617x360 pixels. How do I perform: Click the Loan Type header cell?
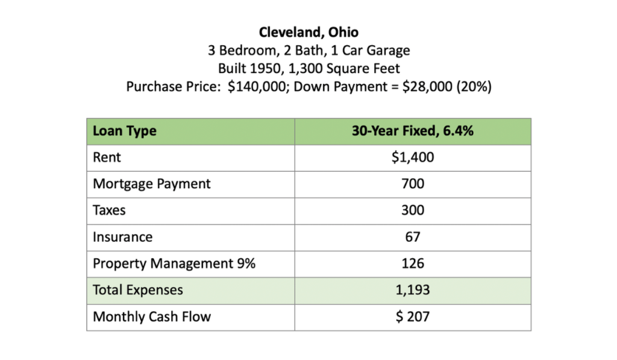pyautogui.click(x=124, y=131)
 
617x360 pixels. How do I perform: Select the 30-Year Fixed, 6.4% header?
pyautogui.click(x=413, y=131)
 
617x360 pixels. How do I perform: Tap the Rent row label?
pyautogui.click(x=107, y=157)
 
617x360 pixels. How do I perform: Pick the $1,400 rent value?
pyautogui.click(x=413, y=157)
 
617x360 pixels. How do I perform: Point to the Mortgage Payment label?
pyautogui.click(x=151, y=184)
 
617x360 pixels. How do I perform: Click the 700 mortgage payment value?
pyautogui.click(x=413, y=184)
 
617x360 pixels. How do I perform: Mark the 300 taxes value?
pyautogui.click(x=413, y=210)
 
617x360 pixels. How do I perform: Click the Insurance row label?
pyautogui.click(x=122, y=237)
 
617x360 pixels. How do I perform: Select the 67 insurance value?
pyautogui.click(x=413, y=237)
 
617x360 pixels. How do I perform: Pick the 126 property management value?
pyautogui.click(x=413, y=264)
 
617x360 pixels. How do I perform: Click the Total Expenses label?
pyautogui.click(x=137, y=290)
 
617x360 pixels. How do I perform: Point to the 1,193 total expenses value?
pyautogui.click(x=413, y=290)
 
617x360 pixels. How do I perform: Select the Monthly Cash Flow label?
pyautogui.click(x=151, y=317)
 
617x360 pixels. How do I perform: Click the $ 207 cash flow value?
pyautogui.click(x=413, y=317)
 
